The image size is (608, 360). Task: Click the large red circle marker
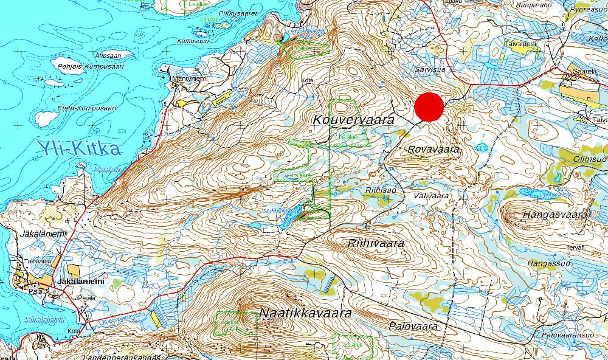click(429, 107)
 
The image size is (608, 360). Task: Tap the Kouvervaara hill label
click(353, 120)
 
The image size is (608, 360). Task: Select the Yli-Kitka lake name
click(78, 148)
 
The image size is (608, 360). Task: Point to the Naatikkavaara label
click(306, 313)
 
